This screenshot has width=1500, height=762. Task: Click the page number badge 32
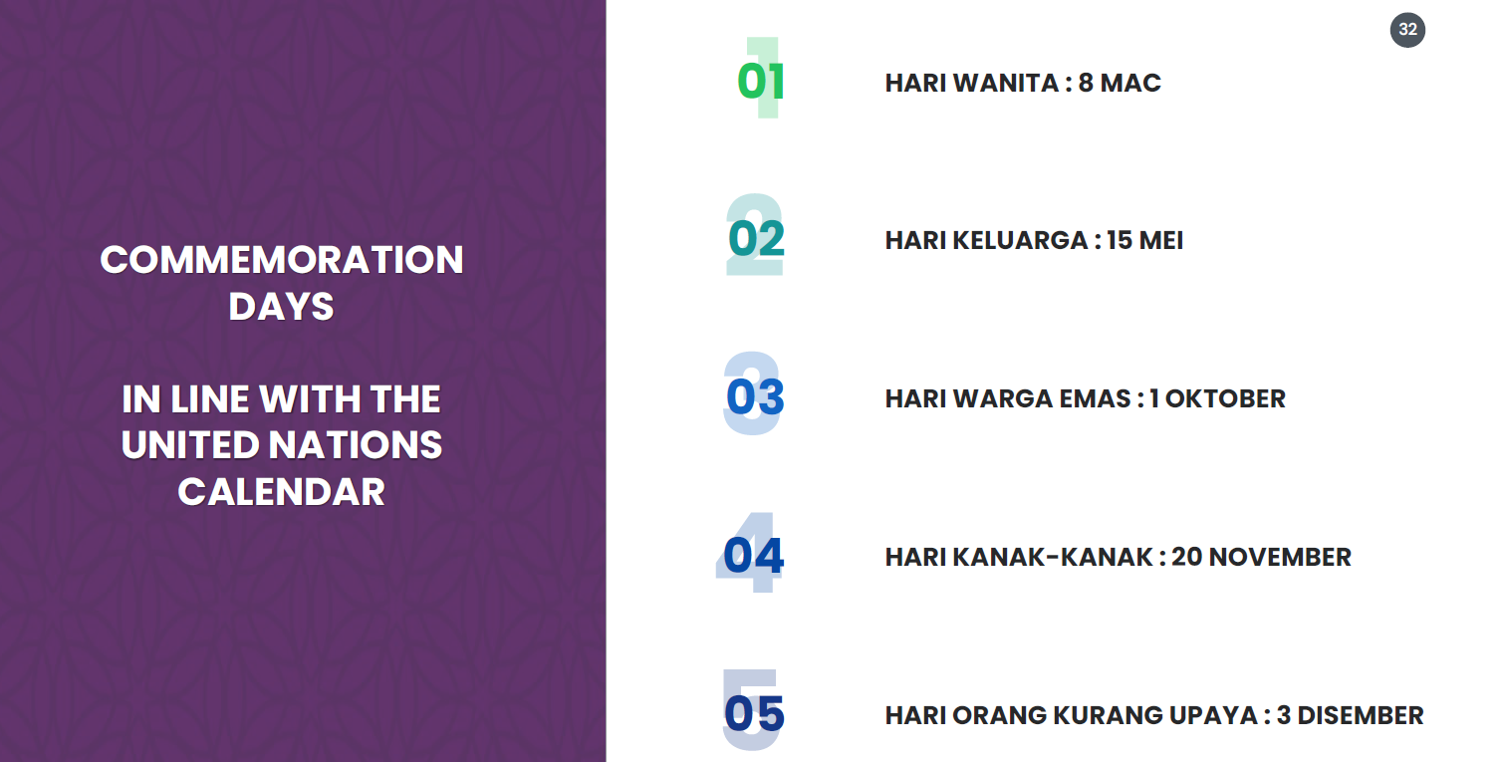coord(1407,30)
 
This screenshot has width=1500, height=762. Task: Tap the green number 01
coord(760,82)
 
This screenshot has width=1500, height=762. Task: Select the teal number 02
coord(756,239)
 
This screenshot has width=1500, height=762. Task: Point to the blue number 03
coord(755,397)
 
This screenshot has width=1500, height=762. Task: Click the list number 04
coord(753,555)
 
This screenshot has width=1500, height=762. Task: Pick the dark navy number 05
coord(754,713)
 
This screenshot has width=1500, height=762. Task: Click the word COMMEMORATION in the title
coord(281,260)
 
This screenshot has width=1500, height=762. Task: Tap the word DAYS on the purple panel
coord(281,307)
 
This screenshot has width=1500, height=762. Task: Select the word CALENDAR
coord(281,491)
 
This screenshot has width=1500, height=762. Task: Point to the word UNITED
coord(190,445)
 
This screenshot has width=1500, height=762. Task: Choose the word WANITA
coord(1006,83)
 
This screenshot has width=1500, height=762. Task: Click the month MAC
coord(1130,83)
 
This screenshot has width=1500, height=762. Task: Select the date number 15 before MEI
coord(1119,240)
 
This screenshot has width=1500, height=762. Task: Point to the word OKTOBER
coord(1225,399)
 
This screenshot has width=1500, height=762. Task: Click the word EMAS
coord(1096,399)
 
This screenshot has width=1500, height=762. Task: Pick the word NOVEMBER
coord(1280,557)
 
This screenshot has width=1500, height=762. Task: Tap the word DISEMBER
coord(1361,715)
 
